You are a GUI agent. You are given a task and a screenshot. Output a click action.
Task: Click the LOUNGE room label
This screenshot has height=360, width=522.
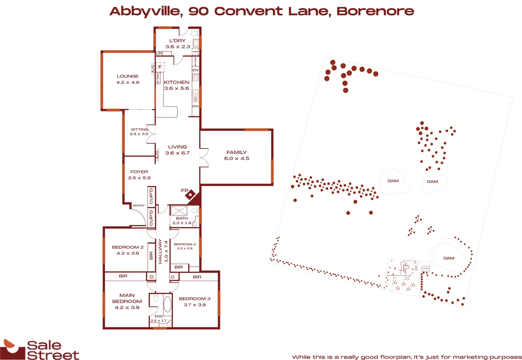[x=128, y=76]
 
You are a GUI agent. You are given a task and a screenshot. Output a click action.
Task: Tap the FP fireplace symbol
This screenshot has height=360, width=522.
[x=191, y=194]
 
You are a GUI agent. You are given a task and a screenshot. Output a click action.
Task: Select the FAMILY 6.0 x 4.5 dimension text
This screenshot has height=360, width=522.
[x=237, y=159]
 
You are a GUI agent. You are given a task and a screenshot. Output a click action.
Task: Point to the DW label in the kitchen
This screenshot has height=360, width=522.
[x=196, y=106]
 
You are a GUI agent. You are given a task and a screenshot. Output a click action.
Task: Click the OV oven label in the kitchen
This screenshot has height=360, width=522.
[x=196, y=70]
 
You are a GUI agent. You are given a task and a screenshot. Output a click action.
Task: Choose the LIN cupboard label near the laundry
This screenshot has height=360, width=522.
[x=159, y=53]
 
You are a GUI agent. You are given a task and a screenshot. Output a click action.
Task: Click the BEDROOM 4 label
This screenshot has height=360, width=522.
[x=185, y=244]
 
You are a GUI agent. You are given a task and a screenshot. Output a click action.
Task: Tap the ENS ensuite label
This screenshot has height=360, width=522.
[x=159, y=316]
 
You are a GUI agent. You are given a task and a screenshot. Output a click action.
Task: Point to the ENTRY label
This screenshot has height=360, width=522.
[x=139, y=206]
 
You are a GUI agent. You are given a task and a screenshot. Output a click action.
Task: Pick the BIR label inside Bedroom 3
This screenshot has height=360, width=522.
[x=197, y=277]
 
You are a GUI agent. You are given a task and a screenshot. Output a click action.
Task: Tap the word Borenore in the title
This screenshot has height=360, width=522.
[x=375, y=11]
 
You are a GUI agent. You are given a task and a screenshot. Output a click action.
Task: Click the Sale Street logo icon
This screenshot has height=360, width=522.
[x=13, y=349]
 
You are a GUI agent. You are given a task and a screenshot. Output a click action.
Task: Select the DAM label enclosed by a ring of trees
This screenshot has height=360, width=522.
[x=449, y=258]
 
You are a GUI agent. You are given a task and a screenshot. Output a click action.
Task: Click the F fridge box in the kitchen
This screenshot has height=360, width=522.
[x=160, y=67]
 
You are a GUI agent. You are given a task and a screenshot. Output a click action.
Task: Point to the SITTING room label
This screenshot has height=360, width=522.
[x=139, y=129]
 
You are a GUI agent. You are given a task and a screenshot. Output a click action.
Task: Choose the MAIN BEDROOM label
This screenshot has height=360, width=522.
[x=127, y=298]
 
